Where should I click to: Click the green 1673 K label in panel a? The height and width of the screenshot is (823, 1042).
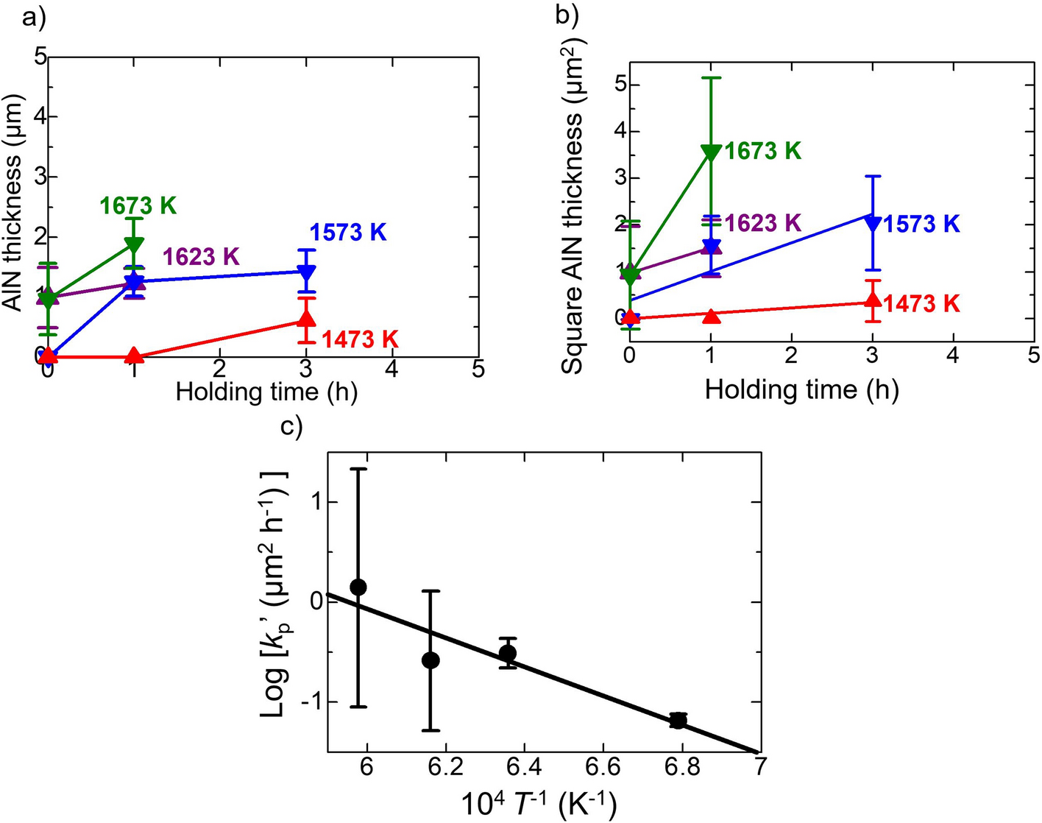point(138,205)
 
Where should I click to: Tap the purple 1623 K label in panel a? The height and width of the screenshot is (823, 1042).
point(201,256)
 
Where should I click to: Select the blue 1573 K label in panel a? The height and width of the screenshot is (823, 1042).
point(347,233)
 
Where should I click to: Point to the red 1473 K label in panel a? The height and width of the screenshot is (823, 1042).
point(359,339)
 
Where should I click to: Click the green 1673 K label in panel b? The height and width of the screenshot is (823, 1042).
point(762,151)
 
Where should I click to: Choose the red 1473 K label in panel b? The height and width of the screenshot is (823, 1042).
point(921,303)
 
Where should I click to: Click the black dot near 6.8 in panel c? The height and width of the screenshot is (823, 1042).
point(678,720)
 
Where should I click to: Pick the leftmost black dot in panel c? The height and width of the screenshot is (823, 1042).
point(358,587)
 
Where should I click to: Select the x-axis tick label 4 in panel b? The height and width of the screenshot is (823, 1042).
point(953,354)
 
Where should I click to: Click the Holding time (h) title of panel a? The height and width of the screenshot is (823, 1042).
point(266,392)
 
